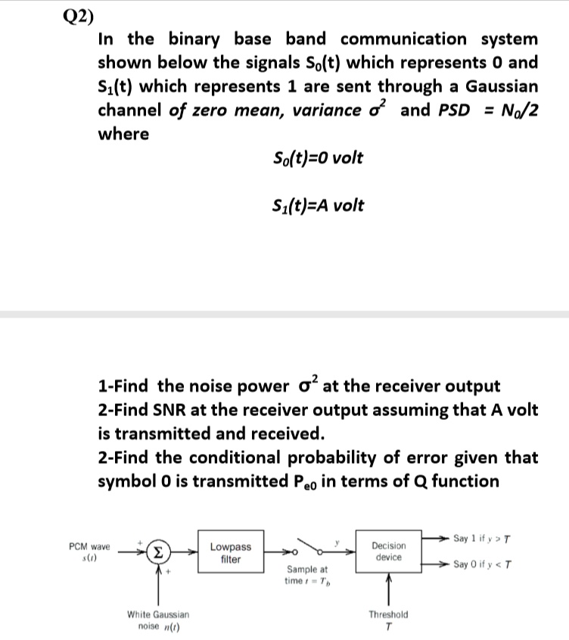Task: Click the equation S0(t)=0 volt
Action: coord(316,158)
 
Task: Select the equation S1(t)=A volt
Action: coord(316,205)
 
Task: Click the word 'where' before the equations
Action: coord(124,134)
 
